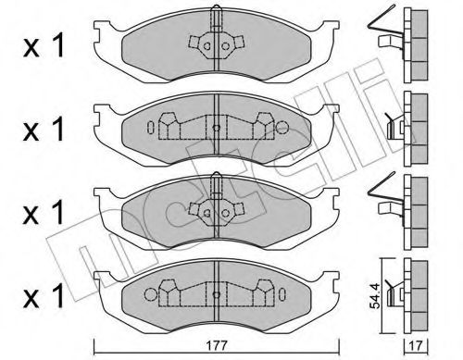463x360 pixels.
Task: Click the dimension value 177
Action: click(x=217, y=345)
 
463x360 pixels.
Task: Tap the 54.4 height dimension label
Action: click(x=374, y=297)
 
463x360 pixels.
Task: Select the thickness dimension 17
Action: click(x=417, y=345)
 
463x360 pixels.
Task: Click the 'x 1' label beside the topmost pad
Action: click(x=44, y=45)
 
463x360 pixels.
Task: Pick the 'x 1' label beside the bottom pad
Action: click(x=44, y=295)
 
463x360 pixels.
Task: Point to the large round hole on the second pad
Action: click(x=282, y=127)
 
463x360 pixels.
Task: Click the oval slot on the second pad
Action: click(x=151, y=127)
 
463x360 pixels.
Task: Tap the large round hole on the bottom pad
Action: click(x=151, y=294)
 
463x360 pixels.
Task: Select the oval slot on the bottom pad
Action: click(x=282, y=294)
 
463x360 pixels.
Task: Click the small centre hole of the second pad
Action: click(x=217, y=128)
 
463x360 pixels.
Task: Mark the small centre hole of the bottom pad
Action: click(x=217, y=294)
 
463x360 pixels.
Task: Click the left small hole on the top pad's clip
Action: click(x=207, y=46)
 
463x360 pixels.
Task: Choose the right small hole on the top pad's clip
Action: click(x=226, y=46)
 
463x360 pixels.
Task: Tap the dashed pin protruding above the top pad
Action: click(x=217, y=17)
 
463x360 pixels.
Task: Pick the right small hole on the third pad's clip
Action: click(x=226, y=213)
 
